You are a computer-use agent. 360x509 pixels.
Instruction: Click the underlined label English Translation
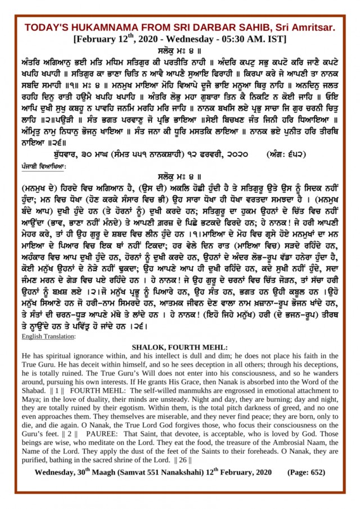point(48,336)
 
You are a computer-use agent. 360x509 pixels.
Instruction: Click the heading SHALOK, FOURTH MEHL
point(180,348)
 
